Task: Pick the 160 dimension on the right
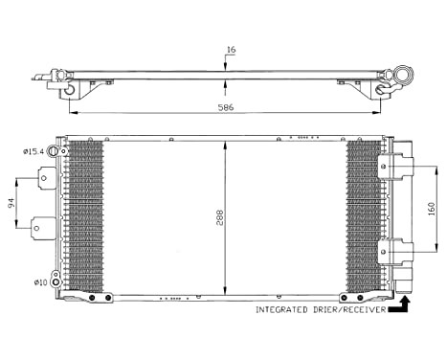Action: [432, 209]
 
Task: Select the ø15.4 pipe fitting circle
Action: [62, 151]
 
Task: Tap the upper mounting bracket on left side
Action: [44, 179]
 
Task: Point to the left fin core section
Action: [84, 216]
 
